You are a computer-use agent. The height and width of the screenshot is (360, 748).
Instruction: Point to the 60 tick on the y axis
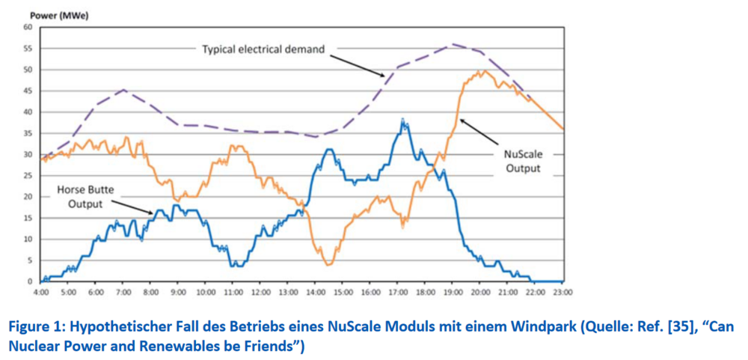coord(28,27)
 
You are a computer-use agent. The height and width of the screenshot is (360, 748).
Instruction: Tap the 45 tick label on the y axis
coord(28,91)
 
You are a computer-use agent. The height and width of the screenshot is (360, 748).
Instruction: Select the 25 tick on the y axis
coord(28,176)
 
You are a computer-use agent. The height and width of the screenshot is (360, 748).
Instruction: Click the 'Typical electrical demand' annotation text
coord(263,49)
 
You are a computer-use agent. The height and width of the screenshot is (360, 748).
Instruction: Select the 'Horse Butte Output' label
coord(85,197)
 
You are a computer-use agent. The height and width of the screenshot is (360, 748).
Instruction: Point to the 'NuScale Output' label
coord(523,161)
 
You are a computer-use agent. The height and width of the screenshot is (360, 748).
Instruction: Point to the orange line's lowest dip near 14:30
coord(328,264)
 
